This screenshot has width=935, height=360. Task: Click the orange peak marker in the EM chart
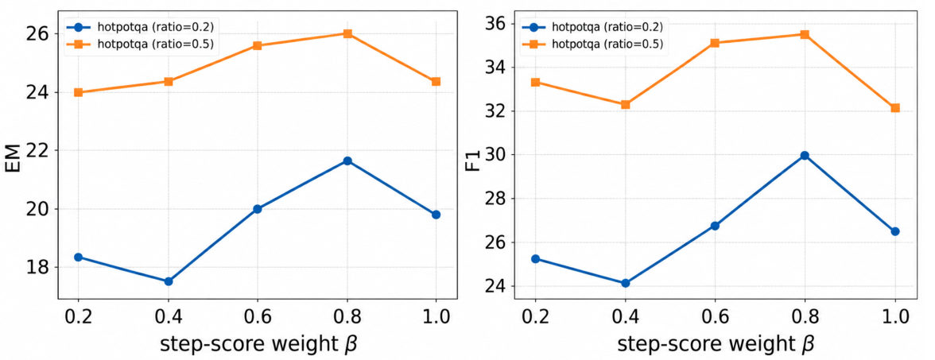[347, 33]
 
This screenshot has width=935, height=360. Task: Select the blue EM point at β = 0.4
[169, 281]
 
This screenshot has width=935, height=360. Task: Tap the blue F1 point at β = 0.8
[805, 156]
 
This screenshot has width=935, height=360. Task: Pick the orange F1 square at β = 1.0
[895, 108]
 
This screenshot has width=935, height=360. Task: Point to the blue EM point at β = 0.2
[78, 257]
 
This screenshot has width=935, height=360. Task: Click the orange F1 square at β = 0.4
[626, 104]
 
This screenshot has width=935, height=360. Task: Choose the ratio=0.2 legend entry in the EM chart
[141, 26]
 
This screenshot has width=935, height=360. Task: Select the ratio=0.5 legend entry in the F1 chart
[598, 44]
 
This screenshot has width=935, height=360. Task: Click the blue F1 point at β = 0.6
[715, 226]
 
